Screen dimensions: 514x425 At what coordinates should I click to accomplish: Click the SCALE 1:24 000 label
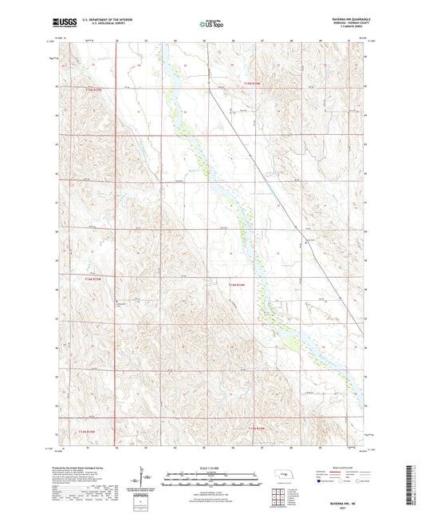pyautogui.click(x=211, y=468)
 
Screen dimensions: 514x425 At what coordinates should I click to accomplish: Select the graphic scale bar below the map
pyautogui.click(x=211, y=476)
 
